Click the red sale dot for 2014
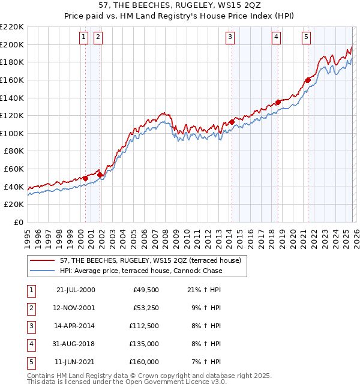click(232, 122)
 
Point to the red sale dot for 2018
click(278, 102)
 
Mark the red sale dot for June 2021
click(308, 80)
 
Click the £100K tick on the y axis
click(12, 133)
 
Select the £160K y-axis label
click(12, 80)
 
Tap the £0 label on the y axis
click(19, 223)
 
